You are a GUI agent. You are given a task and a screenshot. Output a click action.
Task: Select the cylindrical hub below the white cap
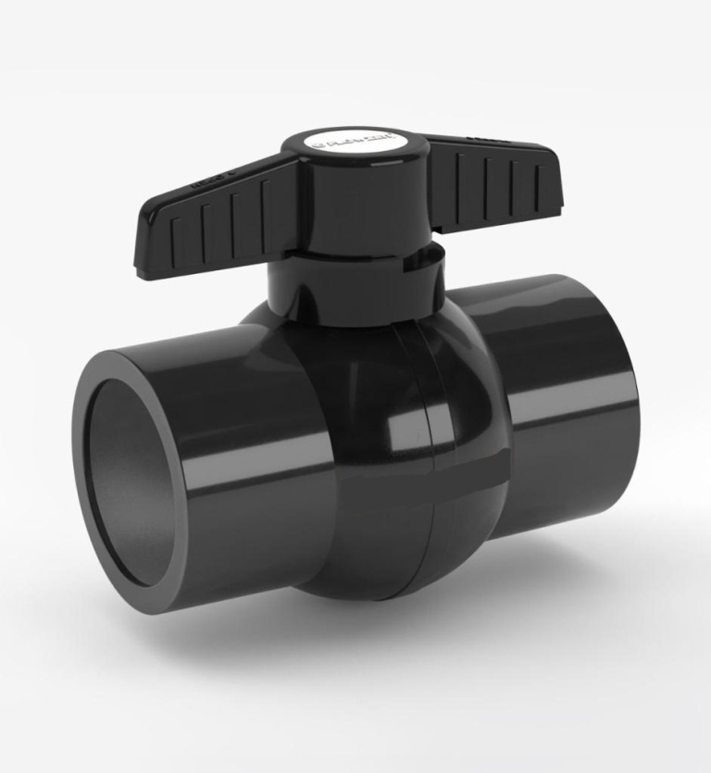coord(356,208)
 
